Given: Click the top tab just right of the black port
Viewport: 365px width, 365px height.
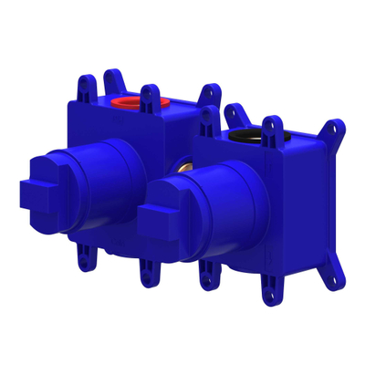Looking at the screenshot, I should (271, 129).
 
